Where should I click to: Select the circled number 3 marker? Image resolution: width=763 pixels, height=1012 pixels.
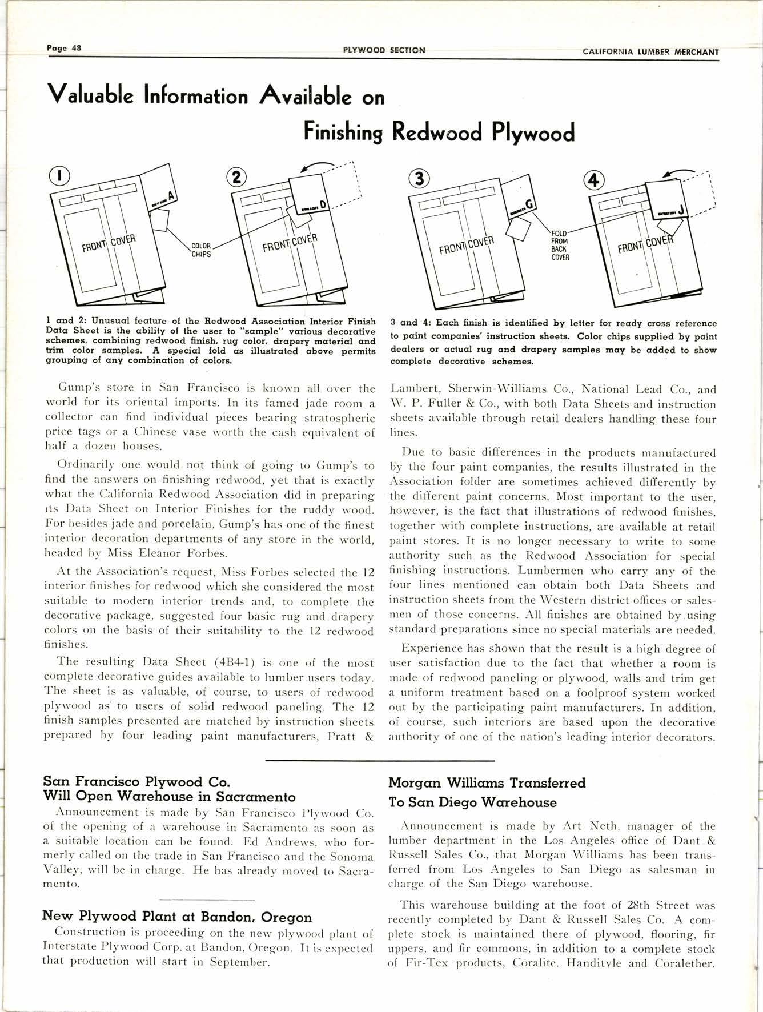coord(420,179)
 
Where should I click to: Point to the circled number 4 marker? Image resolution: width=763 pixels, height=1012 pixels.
coord(594,180)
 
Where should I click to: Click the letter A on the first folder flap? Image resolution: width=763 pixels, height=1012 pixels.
coord(170,197)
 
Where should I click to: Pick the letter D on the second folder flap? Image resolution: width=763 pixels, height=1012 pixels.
coord(322,204)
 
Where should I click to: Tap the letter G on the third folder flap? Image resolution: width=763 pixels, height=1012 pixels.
coord(529,204)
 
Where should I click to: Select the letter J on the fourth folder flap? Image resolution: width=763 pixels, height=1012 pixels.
coord(681,210)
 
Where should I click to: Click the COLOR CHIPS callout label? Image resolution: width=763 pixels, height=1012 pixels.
coord(200,250)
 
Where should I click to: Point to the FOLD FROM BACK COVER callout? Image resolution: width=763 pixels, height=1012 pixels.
coord(559,246)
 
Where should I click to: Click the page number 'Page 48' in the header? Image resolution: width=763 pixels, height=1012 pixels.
coord(64,48)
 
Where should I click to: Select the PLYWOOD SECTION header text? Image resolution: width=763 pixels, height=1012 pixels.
coord(384,50)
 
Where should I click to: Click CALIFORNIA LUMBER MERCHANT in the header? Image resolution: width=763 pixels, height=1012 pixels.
coord(650,51)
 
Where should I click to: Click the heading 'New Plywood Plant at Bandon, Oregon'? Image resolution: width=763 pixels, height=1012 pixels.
coord(177,917)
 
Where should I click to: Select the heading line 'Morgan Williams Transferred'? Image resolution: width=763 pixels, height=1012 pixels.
coord(487,782)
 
